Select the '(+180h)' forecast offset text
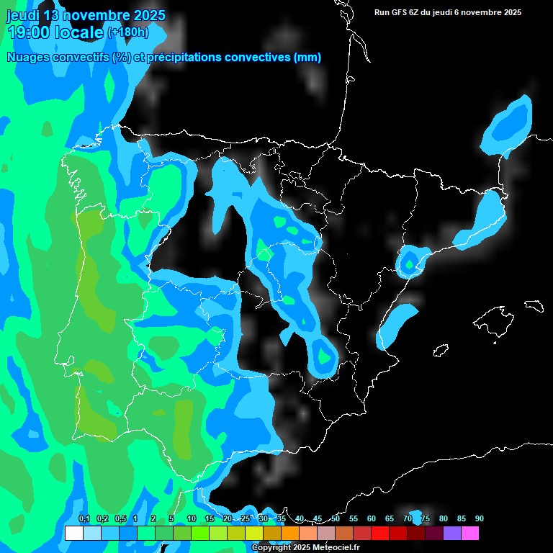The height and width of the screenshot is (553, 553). pos(127,32)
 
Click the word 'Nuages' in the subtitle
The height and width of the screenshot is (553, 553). pos(28,58)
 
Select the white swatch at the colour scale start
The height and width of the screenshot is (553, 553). pos(73,534)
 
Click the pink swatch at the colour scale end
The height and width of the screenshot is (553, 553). pos(469,534)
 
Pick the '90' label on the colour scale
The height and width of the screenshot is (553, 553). pos(479,518)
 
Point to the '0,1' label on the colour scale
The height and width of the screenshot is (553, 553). pos(84,518)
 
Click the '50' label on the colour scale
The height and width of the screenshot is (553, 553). pos(336,518)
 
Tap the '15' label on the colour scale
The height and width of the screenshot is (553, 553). pos(210,518)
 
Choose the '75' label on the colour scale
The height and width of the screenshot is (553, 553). pos(426,518)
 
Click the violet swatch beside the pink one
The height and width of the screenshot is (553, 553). pos(451,534)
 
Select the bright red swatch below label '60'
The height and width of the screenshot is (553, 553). pos(379,534)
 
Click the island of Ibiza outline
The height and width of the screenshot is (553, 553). pos(441,351)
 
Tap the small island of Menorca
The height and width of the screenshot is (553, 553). pos(534,305)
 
